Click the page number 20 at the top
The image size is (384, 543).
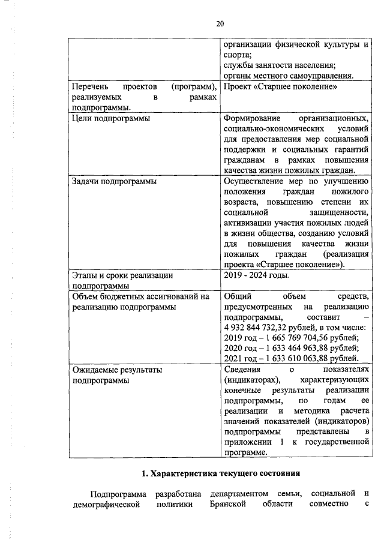pos(220,23)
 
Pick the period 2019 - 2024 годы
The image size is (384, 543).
pos(256,275)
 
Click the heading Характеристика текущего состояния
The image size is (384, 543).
pos(220,473)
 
